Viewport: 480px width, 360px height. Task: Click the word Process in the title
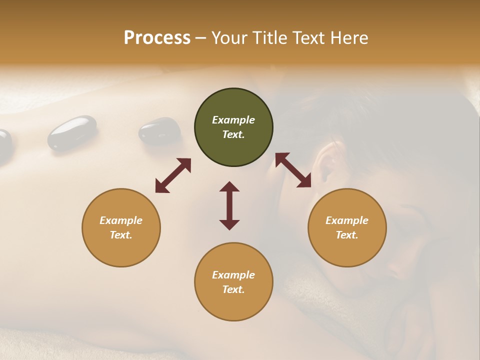pos(157,38)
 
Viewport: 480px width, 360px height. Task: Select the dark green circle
pos(233,127)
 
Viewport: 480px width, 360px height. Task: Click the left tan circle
pos(121,227)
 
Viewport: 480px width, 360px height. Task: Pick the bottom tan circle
pos(233,281)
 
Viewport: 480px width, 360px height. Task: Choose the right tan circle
pos(346,227)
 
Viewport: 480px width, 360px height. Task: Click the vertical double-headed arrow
pos(229,205)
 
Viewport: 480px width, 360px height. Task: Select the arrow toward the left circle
pos(173,175)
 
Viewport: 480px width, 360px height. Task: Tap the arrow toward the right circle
pos(293,170)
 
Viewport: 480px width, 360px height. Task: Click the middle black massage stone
pos(72,132)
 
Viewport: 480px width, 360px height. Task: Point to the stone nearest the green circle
pos(159,131)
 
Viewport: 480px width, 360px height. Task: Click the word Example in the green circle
pos(233,120)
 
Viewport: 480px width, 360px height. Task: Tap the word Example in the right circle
pos(346,220)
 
